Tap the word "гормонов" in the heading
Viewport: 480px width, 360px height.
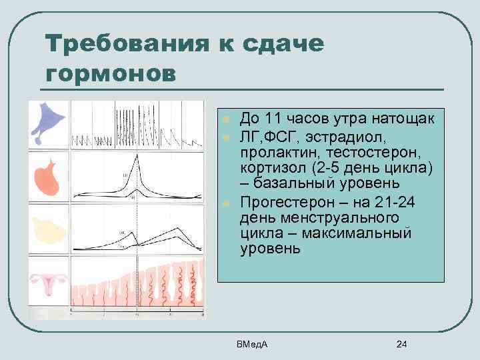[111, 72]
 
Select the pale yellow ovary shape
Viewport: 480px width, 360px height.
[47, 229]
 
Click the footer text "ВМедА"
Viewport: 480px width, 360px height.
[251, 343]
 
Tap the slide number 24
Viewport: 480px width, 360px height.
[401, 344]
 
